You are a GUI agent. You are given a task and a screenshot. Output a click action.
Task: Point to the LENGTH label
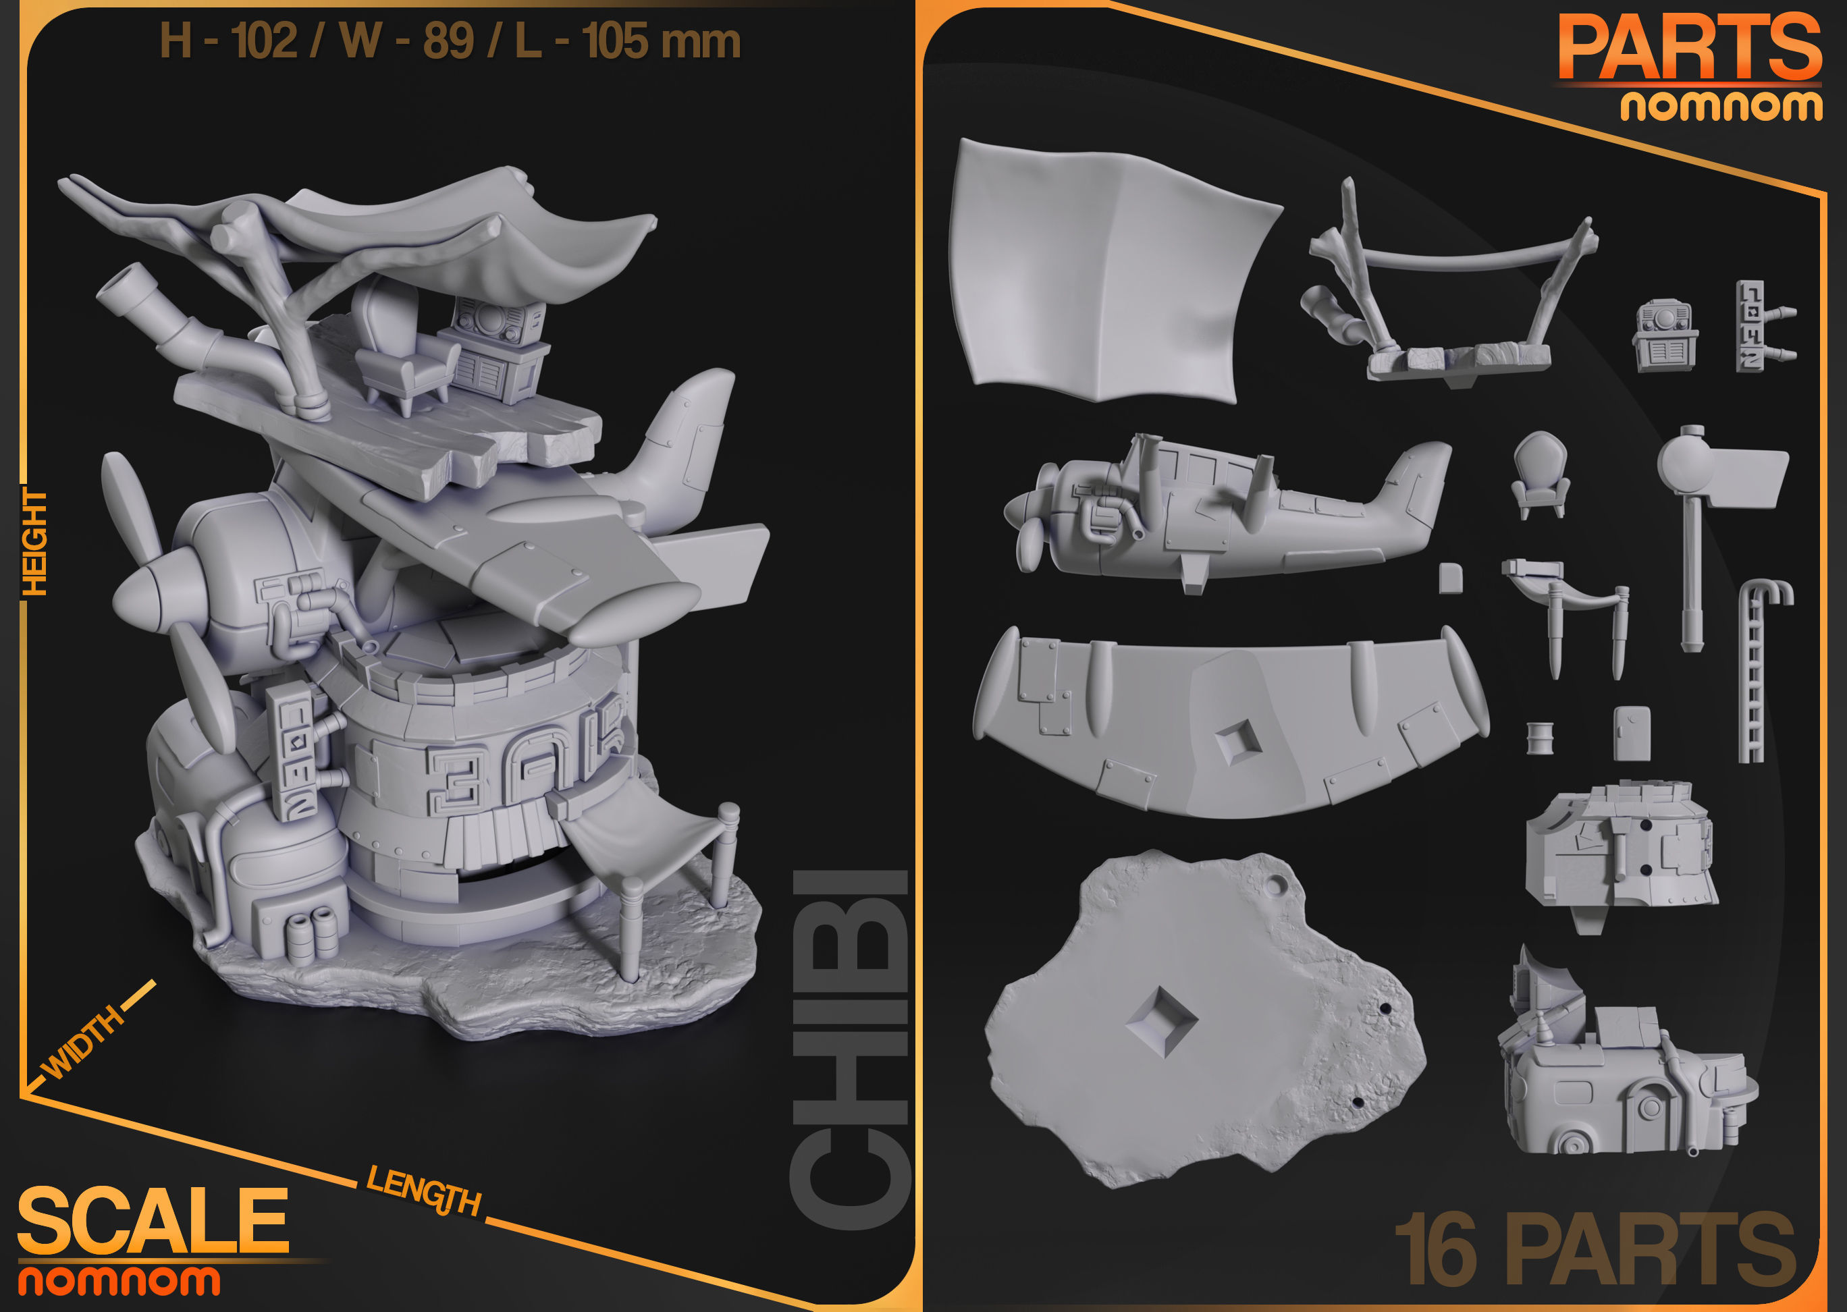(x=423, y=1191)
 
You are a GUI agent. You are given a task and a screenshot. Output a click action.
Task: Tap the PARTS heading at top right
(x=1688, y=49)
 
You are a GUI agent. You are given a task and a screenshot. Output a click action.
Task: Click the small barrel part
(x=1540, y=738)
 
